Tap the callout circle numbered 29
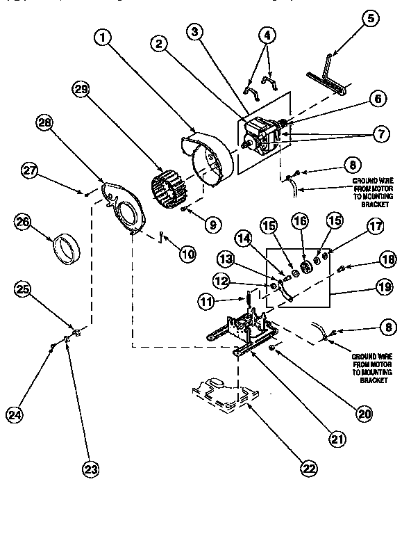[x=81, y=91]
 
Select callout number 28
[x=45, y=124]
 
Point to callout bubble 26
[x=24, y=222]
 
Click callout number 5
[x=370, y=19]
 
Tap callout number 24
[x=15, y=415]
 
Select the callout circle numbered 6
[x=377, y=99]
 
